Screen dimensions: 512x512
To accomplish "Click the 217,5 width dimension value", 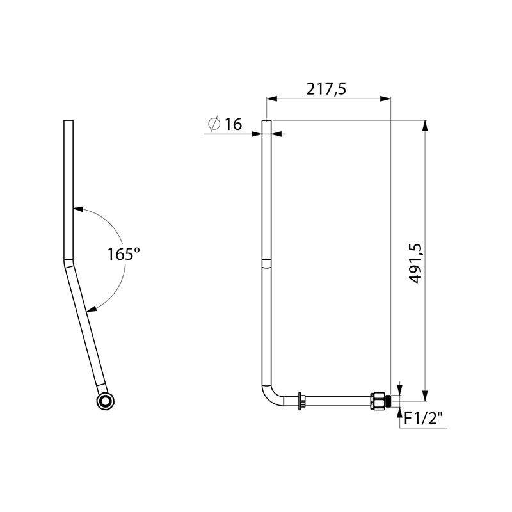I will [326, 89].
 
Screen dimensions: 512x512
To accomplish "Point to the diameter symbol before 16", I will [214, 124].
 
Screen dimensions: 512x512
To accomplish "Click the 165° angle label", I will [123, 253].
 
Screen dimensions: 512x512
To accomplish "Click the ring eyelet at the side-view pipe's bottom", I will [104, 401].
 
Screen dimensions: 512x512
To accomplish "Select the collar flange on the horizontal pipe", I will [299, 401].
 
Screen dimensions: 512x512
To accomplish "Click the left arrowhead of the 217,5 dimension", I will [271, 99].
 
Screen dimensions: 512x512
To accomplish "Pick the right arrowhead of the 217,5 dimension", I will [386, 99].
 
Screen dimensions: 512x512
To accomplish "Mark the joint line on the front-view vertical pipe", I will [267, 259].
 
